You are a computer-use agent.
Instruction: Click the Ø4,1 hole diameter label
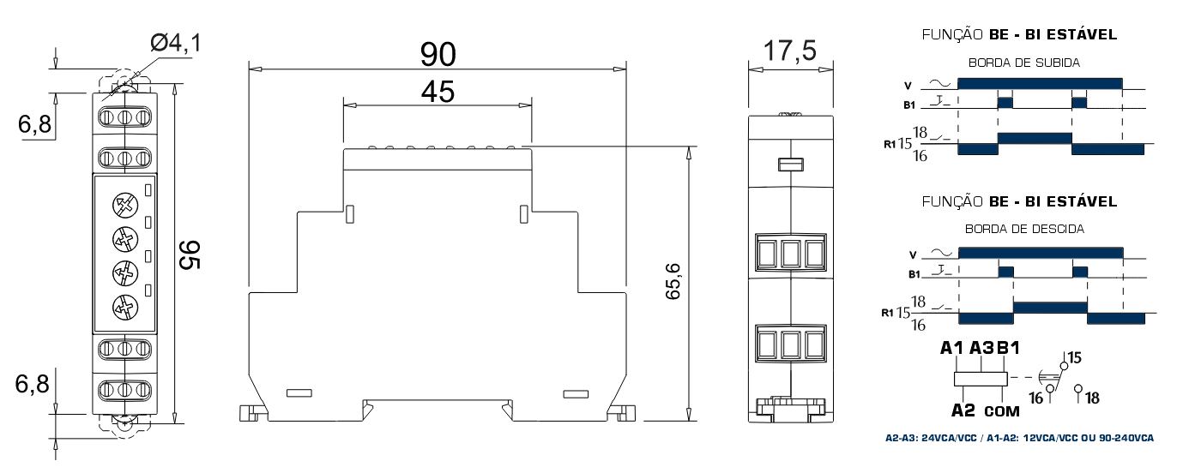coord(176,43)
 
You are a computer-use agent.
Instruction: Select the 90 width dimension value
coord(438,54)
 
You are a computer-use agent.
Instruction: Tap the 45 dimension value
coord(438,92)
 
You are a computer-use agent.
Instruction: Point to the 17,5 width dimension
coord(790,51)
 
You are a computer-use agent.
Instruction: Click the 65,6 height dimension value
coord(673,281)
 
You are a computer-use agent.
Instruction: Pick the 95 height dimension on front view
coord(190,254)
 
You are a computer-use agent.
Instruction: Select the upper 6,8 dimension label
coord(35,124)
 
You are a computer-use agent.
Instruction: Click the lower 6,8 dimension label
coord(33,384)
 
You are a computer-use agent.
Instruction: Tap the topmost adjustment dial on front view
coord(126,205)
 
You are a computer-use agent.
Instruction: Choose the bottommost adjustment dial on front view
coord(126,307)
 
